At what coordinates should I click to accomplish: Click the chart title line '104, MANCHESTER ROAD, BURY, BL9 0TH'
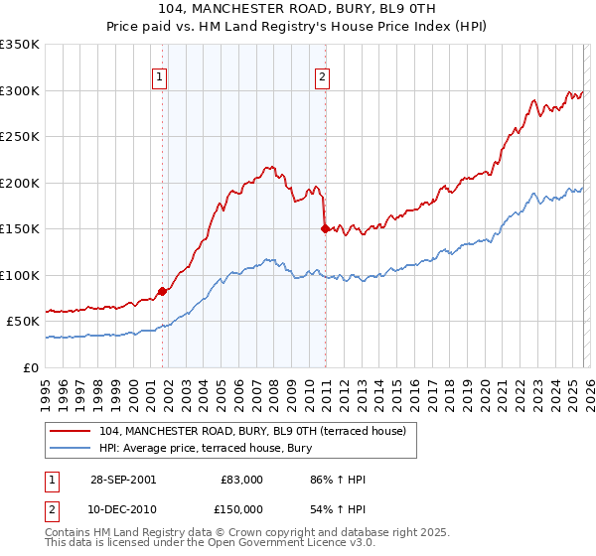[x=298, y=9]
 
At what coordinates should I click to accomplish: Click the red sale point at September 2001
[x=163, y=291]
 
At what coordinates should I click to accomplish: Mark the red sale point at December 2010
[x=325, y=228]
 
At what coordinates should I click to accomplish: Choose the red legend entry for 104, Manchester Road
[x=252, y=432]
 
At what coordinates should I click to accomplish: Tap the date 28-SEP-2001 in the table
[x=123, y=480]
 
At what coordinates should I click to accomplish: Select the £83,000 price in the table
[x=242, y=480]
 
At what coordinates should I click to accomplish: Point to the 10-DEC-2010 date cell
[x=123, y=508]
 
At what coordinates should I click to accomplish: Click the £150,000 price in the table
[x=242, y=508]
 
